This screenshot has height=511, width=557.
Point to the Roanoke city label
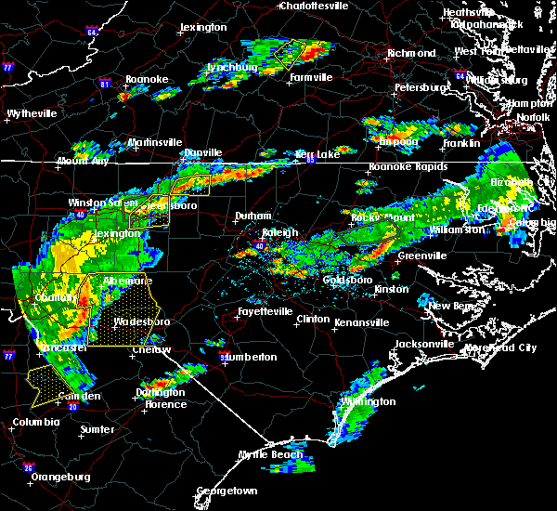point(146,80)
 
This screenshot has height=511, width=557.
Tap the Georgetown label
point(226,491)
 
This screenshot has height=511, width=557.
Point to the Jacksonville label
point(424,344)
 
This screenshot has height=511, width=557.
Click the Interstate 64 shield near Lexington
point(92,33)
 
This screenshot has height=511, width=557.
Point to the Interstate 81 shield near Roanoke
point(104,85)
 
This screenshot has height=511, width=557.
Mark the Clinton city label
point(312,319)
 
